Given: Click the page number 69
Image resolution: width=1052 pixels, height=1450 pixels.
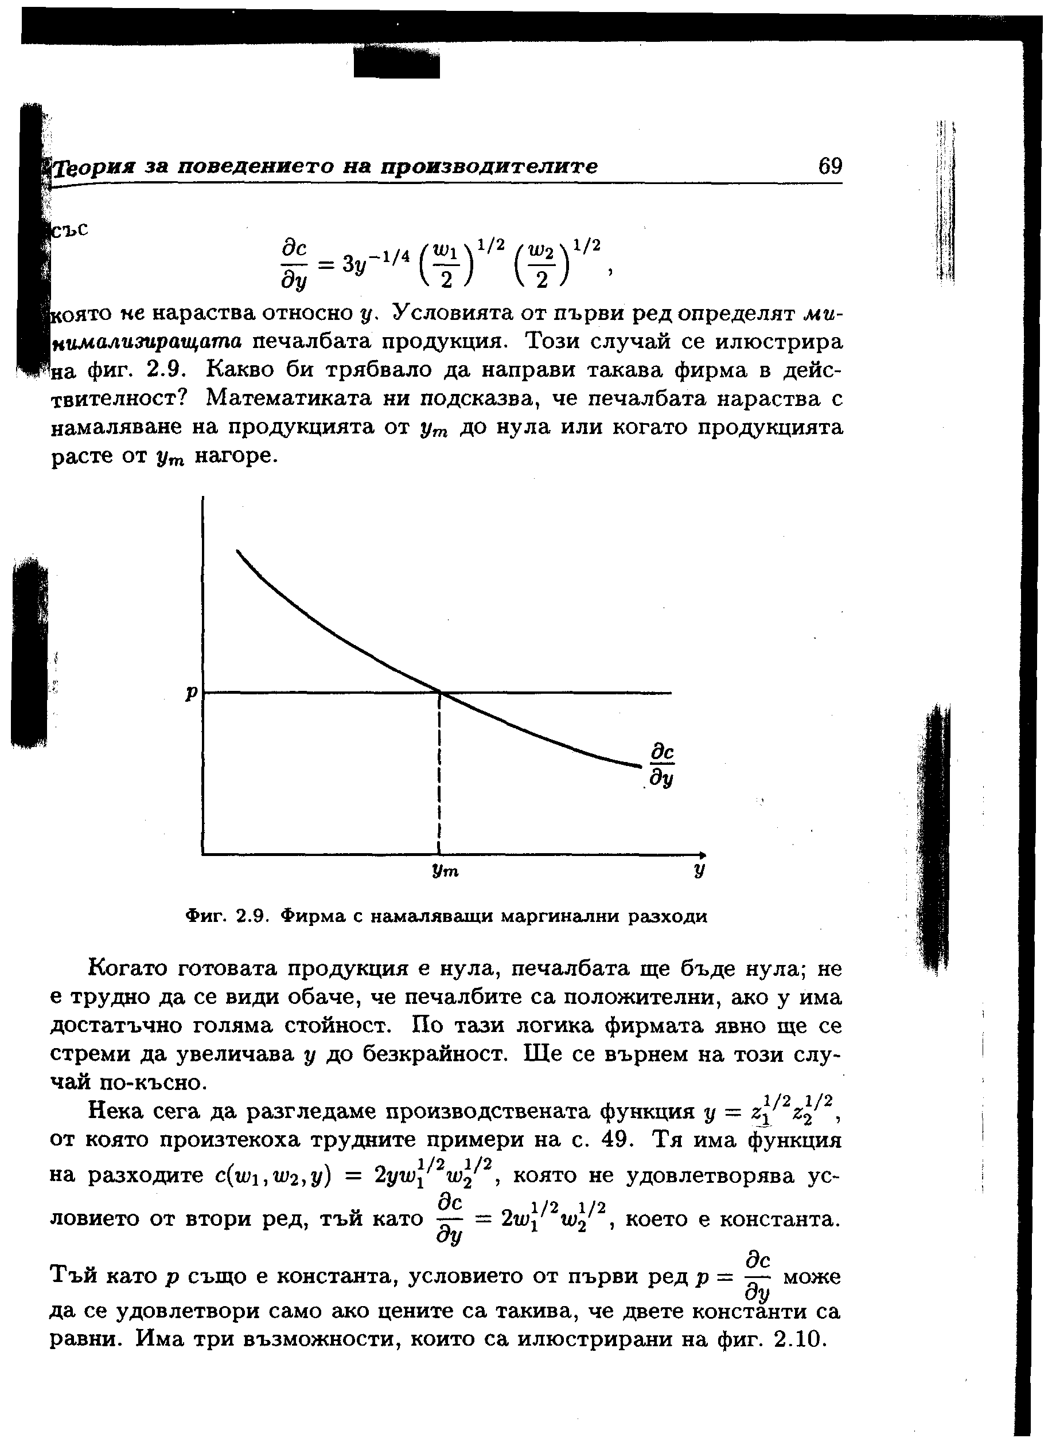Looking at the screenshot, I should coord(830,167).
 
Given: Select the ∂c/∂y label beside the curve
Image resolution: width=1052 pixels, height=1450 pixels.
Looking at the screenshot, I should coord(663,765).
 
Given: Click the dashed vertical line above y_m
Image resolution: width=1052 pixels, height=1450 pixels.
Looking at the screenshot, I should coord(440,773).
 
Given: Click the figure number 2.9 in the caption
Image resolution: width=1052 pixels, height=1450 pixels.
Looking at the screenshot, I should coord(250,916).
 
